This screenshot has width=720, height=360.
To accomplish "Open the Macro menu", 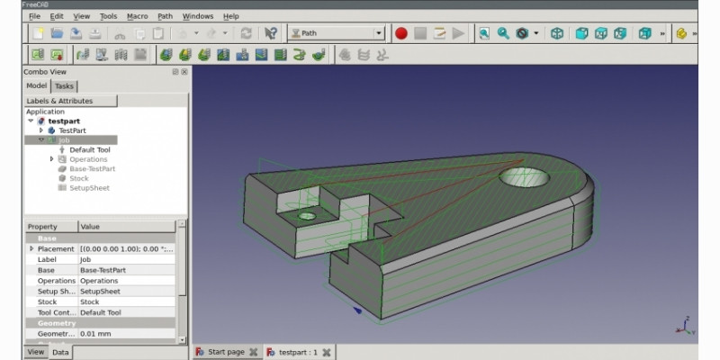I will (x=137, y=16).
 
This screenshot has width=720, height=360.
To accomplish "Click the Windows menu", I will (x=197, y=16).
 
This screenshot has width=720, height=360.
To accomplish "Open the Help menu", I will (x=230, y=16).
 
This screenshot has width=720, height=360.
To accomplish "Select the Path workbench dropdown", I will (x=336, y=33).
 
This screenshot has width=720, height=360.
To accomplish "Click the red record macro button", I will (x=400, y=33).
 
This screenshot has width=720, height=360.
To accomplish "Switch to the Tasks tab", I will (x=65, y=85).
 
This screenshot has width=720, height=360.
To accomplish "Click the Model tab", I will (x=36, y=85).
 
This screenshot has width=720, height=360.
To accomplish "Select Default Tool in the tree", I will (x=89, y=149).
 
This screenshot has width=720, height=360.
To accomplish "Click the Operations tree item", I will (x=88, y=159).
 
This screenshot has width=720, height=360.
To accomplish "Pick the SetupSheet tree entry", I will (x=89, y=188).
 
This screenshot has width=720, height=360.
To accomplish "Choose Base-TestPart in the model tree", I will (x=92, y=169).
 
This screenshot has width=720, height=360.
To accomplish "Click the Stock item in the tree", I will (x=79, y=178).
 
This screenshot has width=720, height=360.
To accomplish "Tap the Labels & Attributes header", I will (x=58, y=101).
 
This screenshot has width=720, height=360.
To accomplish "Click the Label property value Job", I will (x=126, y=259).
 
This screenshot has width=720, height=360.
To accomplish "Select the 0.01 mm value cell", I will (x=126, y=334).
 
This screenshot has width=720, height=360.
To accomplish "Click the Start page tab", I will (x=225, y=352).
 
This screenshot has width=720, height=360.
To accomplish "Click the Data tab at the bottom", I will (x=60, y=352).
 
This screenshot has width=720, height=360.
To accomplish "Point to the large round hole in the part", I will (x=525, y=177).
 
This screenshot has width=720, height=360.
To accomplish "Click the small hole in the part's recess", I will (x=307, y=216).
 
